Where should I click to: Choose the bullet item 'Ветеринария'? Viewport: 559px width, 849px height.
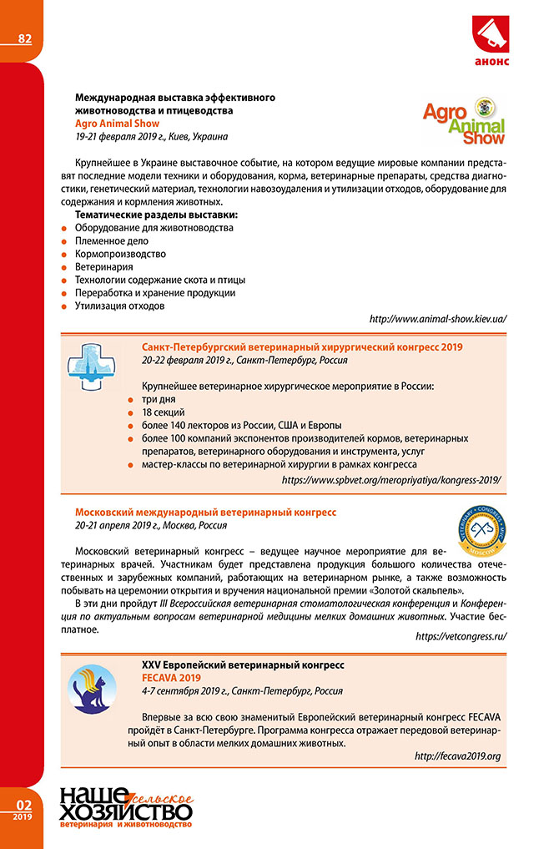[104, 266]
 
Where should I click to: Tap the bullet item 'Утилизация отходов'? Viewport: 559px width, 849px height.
[119, 306]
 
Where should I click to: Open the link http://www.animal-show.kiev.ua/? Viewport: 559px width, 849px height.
[437, 319]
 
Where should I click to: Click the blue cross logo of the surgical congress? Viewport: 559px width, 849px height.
[93, 367]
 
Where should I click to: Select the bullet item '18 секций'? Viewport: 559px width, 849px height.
[163, 412]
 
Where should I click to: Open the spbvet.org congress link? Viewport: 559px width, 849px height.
[391, 480]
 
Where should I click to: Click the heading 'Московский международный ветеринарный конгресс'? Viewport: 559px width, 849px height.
[205, 512]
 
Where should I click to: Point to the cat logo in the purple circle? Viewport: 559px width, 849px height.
[93, 695]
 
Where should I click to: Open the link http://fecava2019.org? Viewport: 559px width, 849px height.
[457, 756]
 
